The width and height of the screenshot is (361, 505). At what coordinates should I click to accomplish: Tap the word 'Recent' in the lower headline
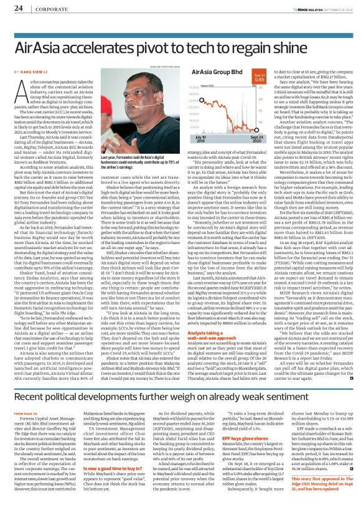click(34, 397)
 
